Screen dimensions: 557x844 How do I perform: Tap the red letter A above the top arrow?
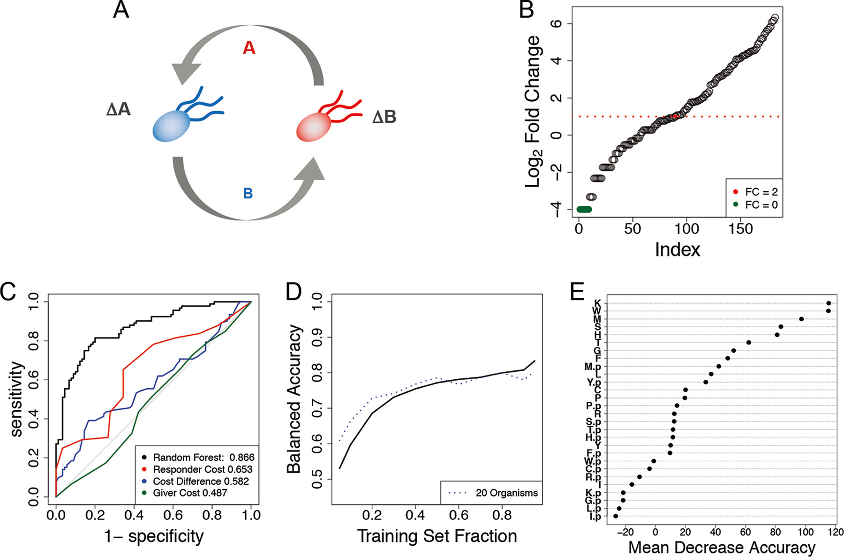[249, 48]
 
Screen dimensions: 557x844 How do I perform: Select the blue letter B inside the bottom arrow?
[248, 193]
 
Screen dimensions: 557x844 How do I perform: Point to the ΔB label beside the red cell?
[384, 117]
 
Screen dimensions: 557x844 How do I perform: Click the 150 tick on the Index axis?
[740, 229]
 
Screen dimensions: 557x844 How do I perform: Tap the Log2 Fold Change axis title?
[533, 112]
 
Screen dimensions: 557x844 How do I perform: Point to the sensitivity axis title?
[16, 399]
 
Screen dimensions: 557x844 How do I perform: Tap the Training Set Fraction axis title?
[437, 536]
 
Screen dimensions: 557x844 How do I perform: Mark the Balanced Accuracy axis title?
[294, 399]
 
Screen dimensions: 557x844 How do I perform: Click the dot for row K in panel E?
[829, 303]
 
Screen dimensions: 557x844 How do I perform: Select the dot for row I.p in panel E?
[616, 516]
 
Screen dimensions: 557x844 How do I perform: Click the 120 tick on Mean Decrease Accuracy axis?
[836, 532]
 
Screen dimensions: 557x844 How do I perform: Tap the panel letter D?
[294, 292]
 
